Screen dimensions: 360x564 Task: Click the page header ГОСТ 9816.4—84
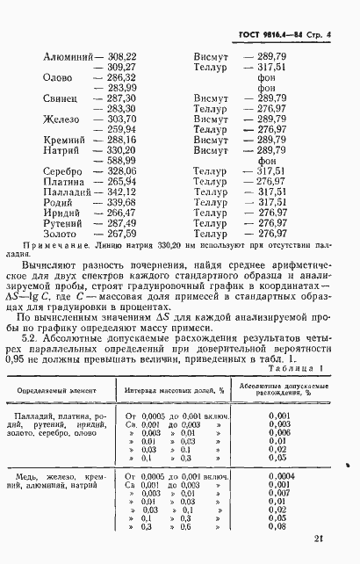[x=276, y=33]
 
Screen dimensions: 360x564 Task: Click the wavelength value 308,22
[x=121, y=56]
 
